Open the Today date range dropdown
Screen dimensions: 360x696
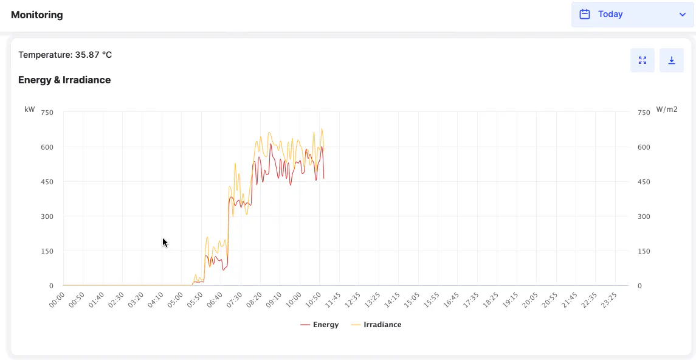pos(632,14)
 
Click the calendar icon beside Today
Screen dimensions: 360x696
pos(585,14)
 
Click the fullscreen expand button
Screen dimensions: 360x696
pos(642,60)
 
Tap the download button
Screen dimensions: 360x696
pos(671,60)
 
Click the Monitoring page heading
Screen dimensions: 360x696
pos(37,15)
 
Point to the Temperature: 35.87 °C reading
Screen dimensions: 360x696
pos(65,55)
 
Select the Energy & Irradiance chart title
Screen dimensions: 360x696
pos(64,80)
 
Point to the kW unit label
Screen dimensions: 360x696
pos(30,109)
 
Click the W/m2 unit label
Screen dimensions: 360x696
pos(667,109)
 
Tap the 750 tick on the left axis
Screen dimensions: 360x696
pos(47,112)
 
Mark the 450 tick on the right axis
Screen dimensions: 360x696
pos(644,182)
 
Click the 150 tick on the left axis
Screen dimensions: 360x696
pos(47,251)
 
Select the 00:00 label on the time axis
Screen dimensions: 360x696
pos(57,300)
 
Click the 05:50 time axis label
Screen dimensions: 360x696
pos(195,300)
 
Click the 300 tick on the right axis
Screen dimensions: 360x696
pos(644,216)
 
